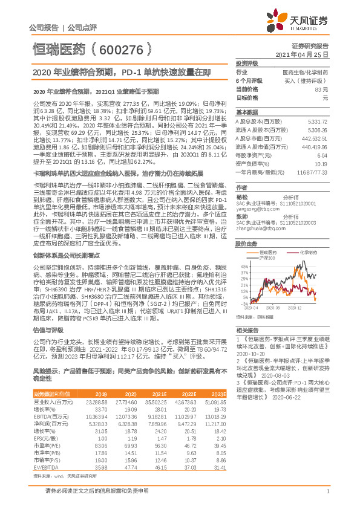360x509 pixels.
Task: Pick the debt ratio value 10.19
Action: (321, 163)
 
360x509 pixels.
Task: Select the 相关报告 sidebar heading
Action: (246, 329)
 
